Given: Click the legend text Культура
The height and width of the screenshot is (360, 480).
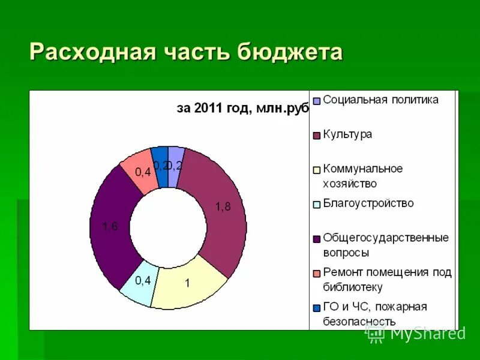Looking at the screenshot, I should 347,134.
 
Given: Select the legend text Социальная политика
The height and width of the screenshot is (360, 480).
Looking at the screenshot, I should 380,100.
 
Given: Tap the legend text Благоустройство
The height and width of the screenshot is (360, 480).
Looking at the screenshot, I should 368,203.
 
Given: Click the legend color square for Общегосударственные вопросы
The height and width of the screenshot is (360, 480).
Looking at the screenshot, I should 316,239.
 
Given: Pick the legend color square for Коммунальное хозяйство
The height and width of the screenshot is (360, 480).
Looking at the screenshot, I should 316,170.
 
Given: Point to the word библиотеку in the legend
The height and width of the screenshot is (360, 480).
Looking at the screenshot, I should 353,287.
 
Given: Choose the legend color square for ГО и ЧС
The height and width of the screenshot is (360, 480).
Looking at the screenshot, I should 316,308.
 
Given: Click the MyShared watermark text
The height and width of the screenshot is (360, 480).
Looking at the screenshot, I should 427,334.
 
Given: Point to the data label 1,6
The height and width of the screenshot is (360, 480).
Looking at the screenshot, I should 110,226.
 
